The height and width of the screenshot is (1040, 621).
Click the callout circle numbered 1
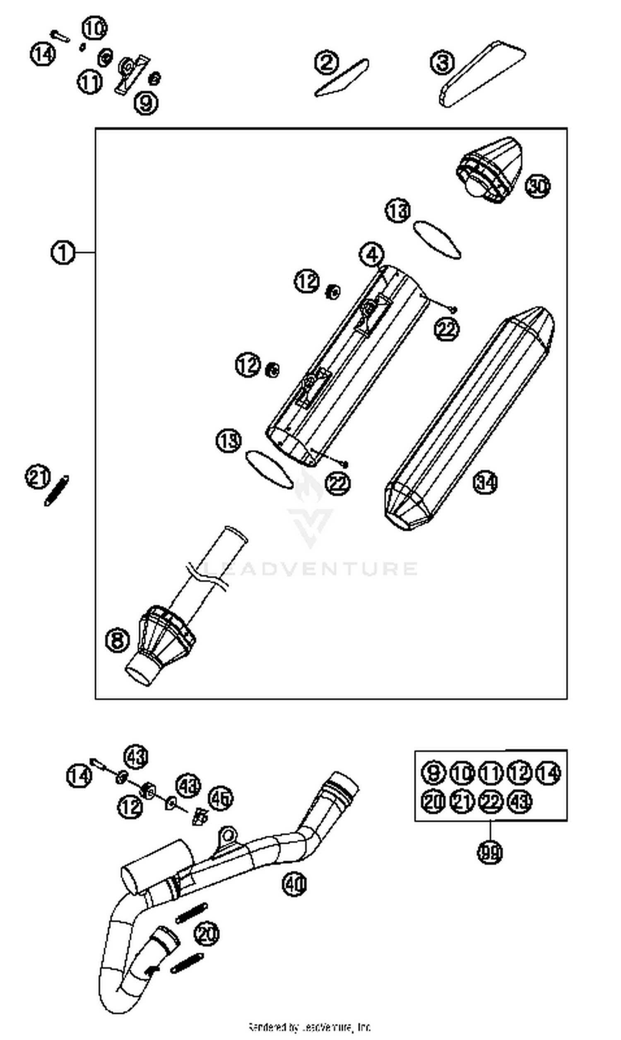[x=63, y=253]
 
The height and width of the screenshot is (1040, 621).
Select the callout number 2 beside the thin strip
[x=327, y=63]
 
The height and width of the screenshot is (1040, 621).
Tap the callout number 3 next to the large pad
[x=442, y=63]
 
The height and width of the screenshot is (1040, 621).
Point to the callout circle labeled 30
[x=538, y=186]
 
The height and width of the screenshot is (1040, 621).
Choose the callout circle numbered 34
[x=486, y=483]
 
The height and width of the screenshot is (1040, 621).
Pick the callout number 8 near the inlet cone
[x=118, y=640]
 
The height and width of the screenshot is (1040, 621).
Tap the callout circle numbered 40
[x=294, y=884]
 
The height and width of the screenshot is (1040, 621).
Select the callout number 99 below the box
[x=490, y=853]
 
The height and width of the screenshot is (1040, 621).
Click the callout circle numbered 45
[x=221, y=798]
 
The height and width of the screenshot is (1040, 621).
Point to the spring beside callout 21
[x=56, y=491]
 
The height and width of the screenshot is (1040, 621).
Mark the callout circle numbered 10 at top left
[x=94, y=29]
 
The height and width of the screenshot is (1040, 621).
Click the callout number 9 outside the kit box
[x=146, y=102]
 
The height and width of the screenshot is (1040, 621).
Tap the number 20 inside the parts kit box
[x=433, y=802]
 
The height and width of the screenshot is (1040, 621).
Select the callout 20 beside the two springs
[x=207, y=933]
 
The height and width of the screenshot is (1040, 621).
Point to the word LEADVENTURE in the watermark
[x=310, y=569]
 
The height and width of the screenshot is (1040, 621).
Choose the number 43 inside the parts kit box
[x=519, y=802]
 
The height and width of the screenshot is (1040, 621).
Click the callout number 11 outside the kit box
[x=89, y=82]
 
